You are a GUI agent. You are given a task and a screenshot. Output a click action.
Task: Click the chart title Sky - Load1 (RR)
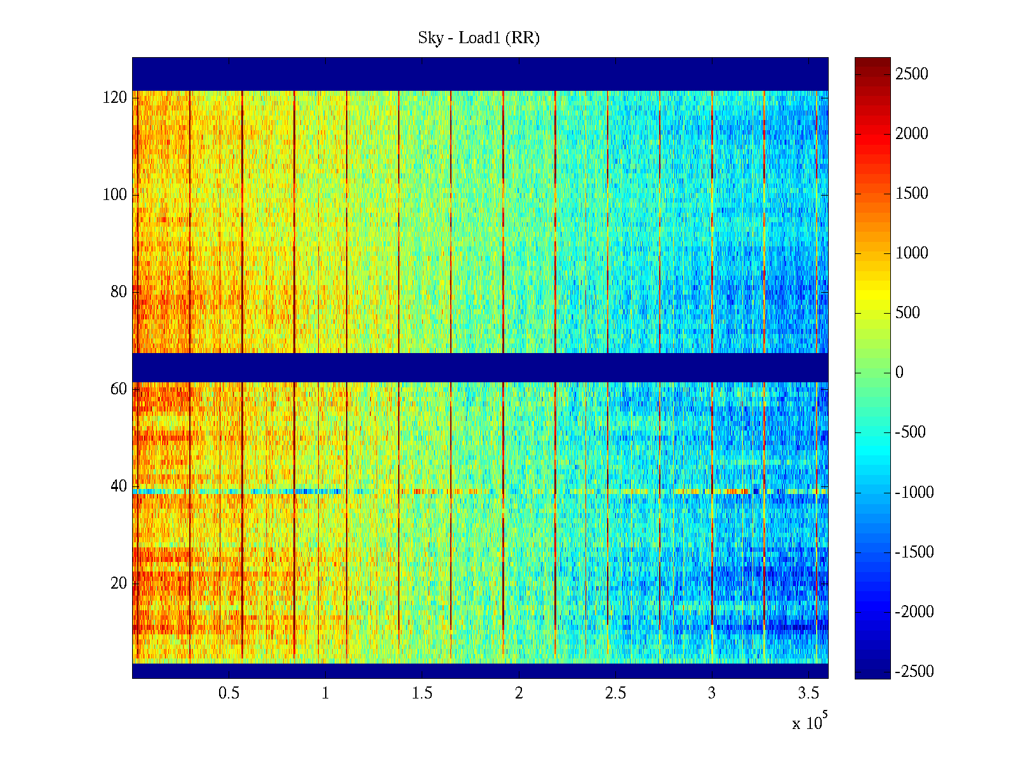[479, 38]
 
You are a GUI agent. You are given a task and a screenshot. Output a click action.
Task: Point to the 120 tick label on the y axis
[115, 98]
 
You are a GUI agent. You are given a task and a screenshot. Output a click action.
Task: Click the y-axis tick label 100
[115, 195]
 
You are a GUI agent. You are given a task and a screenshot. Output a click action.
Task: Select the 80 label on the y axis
[119, 292]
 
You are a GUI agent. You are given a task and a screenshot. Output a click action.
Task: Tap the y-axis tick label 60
[119, 389]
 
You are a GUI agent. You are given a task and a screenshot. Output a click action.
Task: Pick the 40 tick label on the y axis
[119, 486]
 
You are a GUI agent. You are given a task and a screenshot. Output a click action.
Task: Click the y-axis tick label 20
[119, 584]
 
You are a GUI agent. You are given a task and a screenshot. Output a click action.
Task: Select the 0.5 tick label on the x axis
[229, 693]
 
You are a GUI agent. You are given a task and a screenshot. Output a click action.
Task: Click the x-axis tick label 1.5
[422, 693]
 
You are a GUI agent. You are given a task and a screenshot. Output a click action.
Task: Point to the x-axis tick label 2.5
[615, 693]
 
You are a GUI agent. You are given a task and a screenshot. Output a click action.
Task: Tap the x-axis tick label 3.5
[808, 693]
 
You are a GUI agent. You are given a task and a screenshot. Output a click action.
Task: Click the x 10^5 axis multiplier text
[810, 722]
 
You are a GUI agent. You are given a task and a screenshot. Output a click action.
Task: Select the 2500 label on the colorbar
[912, 74]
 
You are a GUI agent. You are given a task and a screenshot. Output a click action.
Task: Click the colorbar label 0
[899, 373]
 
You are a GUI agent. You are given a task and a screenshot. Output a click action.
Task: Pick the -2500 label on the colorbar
[914, 672]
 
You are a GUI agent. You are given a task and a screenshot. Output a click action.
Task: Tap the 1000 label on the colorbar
[912, 253]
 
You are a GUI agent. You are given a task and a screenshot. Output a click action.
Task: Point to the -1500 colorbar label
[914, 552]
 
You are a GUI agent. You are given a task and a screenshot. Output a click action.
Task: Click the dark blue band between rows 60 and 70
[480, 367]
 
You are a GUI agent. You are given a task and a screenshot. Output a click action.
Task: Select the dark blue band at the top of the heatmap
[480, 74]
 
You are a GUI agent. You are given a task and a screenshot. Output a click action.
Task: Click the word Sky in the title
[430, 38]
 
